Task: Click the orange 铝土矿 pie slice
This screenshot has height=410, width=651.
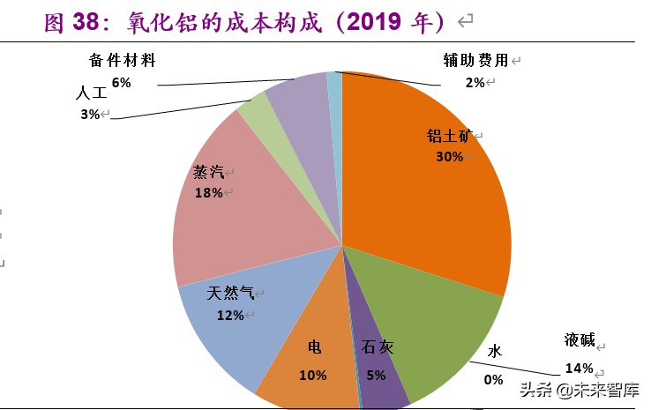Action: pyautogui.click(x=423, y=203)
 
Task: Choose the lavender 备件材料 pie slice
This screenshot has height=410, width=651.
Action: pyautogui.click(x=298, y=97)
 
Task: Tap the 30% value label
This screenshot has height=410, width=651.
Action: pyautogui.click(x=449, y=156)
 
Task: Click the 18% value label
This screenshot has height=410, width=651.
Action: pyautogui.click(x=208, y=192)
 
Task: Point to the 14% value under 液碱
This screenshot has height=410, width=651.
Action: pyautogui.click(x=579, y=368)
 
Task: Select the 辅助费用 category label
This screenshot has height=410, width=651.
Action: pyautogui.click(x=475, y=61)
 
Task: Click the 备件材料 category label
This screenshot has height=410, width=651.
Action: pyautogui.click(x=123, y=61)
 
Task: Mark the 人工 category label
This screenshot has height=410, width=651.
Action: pyautogui.click(x=91, y=93)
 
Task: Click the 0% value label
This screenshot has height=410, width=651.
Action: pyautogui.click(x=493, y=379)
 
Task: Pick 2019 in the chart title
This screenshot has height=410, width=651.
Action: pyautogui.click(x=375, y=22)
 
